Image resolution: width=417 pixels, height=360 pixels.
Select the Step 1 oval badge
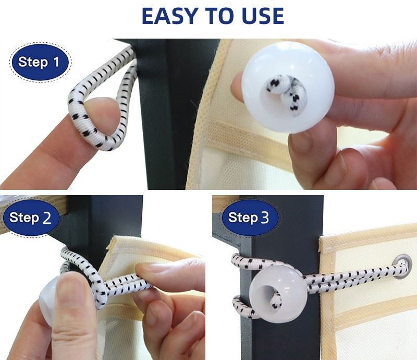[x=41, y=62]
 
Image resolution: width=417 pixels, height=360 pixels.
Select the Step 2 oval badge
[x=31, y=218]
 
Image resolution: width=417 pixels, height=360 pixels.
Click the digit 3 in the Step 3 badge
[x=265, y=217]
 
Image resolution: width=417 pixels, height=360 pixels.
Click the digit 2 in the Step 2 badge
[x=46, y=218]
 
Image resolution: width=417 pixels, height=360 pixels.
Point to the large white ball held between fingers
[x=288, y=87]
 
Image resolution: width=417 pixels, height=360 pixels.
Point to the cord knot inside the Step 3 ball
[x=275, y=299]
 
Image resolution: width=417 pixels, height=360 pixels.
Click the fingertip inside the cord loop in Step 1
[x=102, y=113]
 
